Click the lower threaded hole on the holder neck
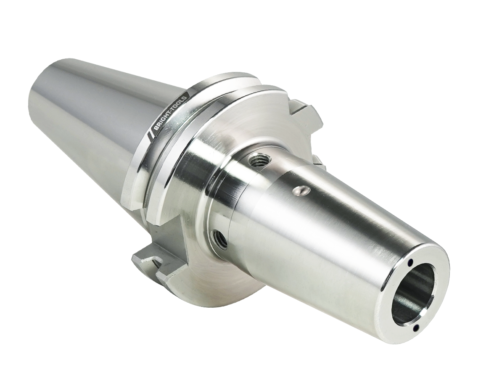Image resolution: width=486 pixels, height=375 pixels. pyautogui.click(x=220, y=238)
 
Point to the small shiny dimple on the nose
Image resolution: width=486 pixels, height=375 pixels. pyautogui.click(x=300, y=190)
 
